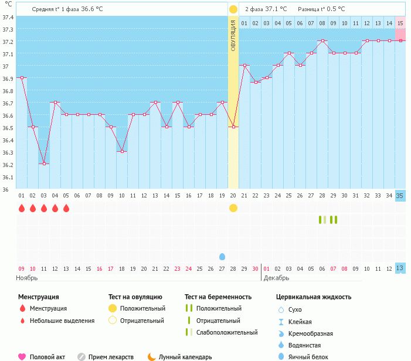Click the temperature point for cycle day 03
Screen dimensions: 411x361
pos(44,164)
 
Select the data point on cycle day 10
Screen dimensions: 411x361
pos(122,151)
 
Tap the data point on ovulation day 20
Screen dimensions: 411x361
pos(233,127)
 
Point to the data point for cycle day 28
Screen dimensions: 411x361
pos(322,40)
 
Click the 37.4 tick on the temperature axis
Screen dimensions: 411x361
pos(8,18)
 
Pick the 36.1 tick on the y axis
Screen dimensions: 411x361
pos(8,178)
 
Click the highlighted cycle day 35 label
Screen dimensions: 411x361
pos(400,196)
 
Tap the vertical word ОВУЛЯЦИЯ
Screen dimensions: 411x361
pos(233,36)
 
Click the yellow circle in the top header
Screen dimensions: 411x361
pos(233,9)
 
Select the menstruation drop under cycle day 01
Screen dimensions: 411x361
pos(22,208)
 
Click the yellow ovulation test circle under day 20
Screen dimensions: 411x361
pos(233,208)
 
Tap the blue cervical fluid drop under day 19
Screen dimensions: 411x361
pos(222,257)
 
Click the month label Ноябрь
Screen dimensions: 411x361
pos(27,278)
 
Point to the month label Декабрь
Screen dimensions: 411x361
pos(276,278)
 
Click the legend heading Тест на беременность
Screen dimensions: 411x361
pos(218,297)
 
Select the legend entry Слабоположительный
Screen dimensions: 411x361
pos(227,332)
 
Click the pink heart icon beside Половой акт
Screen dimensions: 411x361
pos(22,357)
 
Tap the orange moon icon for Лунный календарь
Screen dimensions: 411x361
pos(151,357)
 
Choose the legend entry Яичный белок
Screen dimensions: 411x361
pos(308,357)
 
